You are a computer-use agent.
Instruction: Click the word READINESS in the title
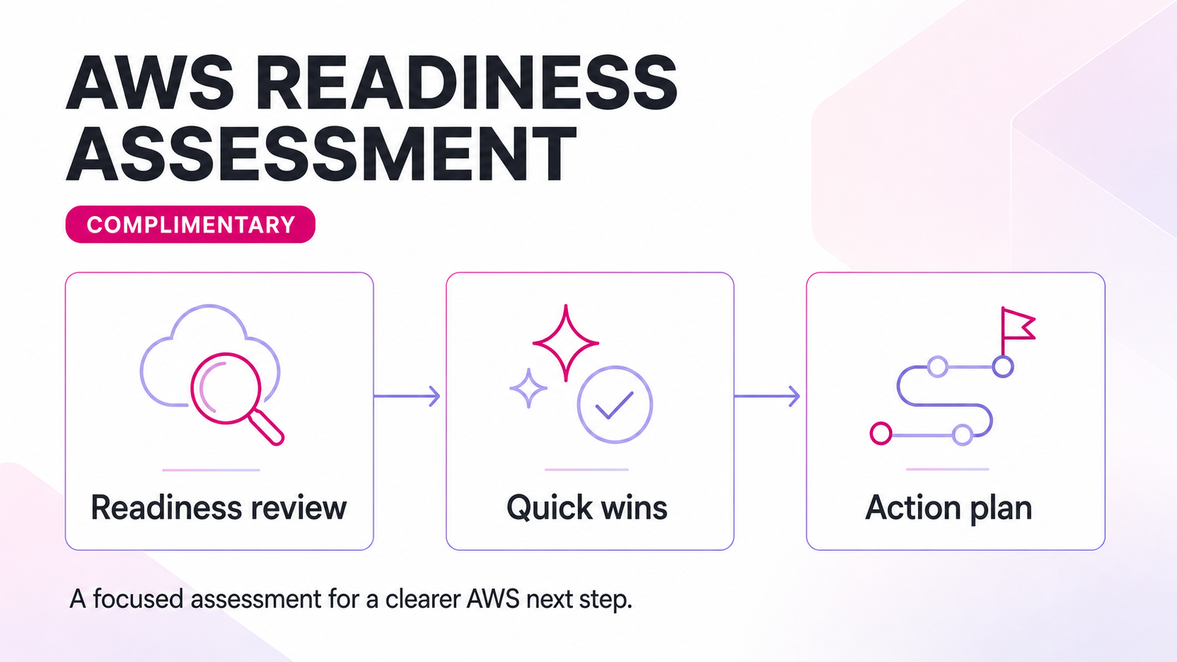(x=466, y=83)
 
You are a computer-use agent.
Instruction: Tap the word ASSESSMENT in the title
(x=321, y=153)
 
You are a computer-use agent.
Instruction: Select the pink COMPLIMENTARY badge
(x=190, y=224)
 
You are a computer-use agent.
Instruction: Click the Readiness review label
(x=219, y=508)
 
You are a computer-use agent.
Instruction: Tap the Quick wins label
(x=587, y=508)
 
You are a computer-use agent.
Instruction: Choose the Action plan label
(x=948, y=508)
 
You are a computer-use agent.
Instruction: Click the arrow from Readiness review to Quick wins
(x=407, y=396)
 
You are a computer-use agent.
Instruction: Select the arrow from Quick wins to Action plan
(x=767, y=396)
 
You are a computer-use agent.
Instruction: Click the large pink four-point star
(x=566, y=343)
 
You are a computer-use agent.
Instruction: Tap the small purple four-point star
(x=529, y=388)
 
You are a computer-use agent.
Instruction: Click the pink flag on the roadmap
(x=1018, y=324)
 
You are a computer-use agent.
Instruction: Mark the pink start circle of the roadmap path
(x=881, y=433)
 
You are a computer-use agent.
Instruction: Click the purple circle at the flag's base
(x=1002, y=367)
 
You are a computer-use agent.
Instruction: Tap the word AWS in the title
(x=150, y=83)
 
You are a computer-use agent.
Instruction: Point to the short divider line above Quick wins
(x=586, y=469)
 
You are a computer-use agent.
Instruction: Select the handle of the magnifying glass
(x=267, y=427)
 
